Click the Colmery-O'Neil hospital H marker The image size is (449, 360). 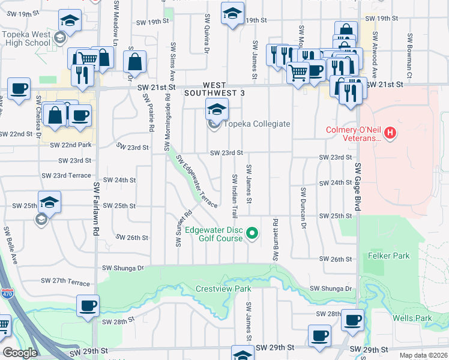[391, 132]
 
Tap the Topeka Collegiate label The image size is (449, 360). [257, 124]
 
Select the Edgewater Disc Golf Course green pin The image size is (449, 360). [253, 233]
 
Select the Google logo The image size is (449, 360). [20, 353]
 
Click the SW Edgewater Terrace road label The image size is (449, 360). [196, 179]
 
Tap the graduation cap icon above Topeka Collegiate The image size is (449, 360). [217, 109]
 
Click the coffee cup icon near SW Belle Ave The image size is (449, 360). [88, 306]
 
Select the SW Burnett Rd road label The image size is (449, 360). [276, 239]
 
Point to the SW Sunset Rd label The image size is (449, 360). [178, 228]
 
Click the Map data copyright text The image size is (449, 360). [423, 355]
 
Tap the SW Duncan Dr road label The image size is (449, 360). [304, 208]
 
